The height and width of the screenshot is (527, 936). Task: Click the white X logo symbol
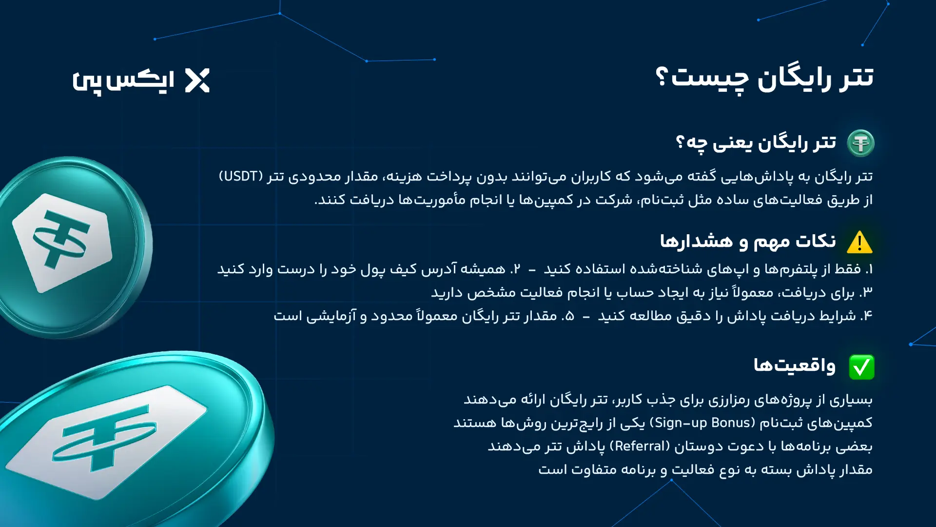coord(197,81)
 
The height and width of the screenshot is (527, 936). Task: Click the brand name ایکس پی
coord(123,81)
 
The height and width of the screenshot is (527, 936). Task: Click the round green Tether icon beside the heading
coord(860,143)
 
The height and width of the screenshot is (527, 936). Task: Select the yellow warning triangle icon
coord(859,243)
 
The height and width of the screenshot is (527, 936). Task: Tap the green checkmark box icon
coord(861,367)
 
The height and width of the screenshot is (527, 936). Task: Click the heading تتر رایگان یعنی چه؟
coord(756,143)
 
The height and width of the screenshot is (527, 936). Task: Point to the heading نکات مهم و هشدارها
coord(748,242)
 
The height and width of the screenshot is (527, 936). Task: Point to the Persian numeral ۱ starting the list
coord(869,269)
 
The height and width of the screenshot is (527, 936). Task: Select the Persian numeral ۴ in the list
coord(866,316)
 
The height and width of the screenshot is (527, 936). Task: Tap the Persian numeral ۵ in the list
coord(569,316)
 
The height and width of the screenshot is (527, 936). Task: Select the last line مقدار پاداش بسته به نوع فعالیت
coord(705,469)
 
